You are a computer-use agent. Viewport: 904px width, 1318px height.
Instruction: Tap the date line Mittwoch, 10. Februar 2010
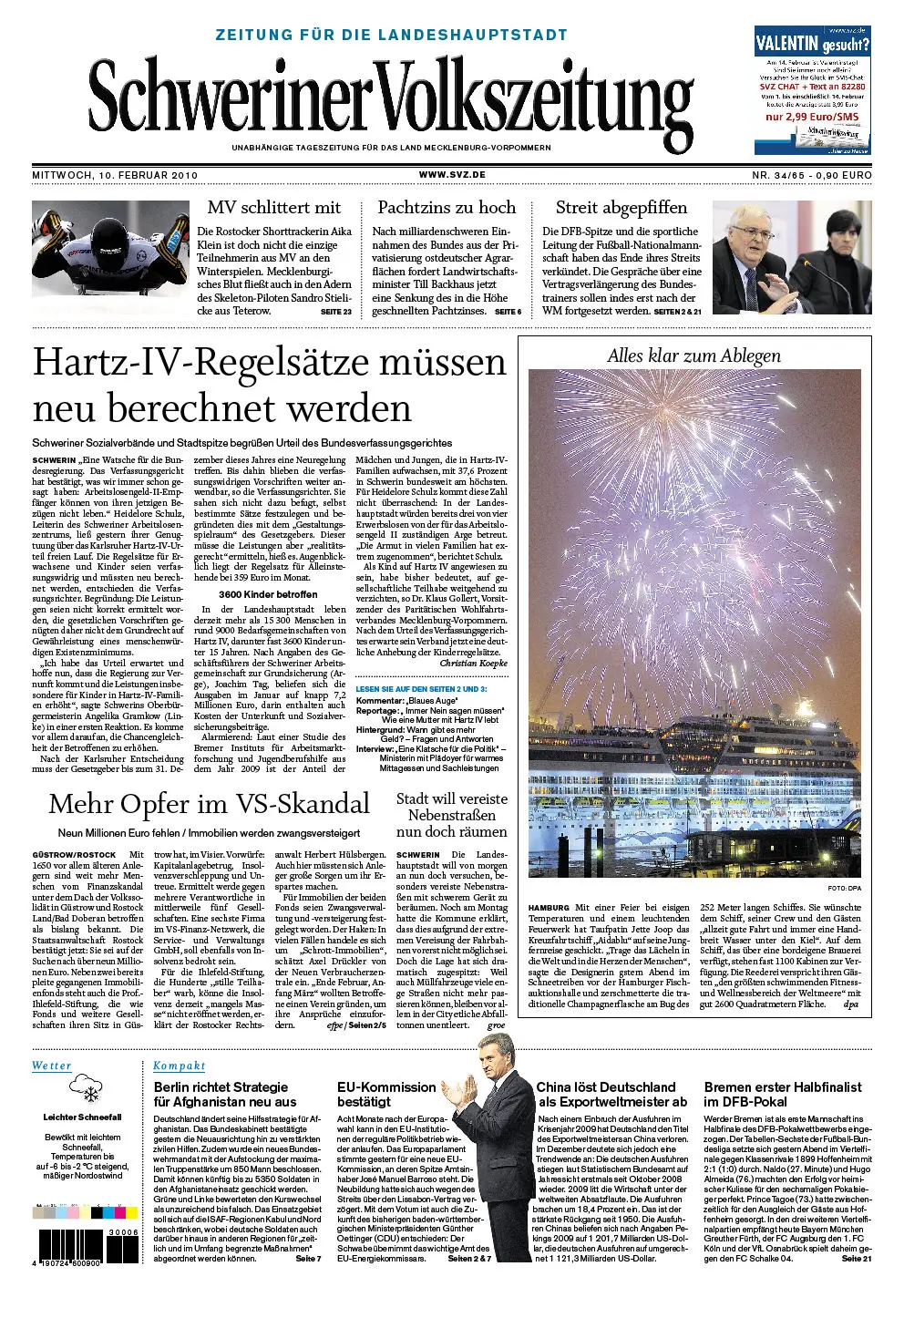(x=115, y=175)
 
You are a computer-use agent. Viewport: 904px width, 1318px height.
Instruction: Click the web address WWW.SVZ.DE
(x=452, y=174)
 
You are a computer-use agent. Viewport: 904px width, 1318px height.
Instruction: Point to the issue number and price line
(x=811, y=175)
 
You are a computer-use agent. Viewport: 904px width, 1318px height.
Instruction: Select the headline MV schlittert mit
(x=273, y=208)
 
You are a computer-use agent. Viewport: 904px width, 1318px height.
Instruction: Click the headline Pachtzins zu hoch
(x=447, y=208)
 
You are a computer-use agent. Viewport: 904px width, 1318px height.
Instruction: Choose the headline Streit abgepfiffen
(x=621, y=208)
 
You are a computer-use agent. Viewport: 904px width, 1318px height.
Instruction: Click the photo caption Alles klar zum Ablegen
(x=693, y=355)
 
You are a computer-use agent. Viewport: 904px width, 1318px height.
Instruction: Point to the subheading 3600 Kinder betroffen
(x=268, y=594)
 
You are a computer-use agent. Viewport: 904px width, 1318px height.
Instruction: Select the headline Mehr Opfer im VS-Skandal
(x=209, y=804)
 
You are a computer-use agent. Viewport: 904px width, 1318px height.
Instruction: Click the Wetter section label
(x=51, y=1066)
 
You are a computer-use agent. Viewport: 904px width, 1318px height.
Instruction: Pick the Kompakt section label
(x=179, y=1066)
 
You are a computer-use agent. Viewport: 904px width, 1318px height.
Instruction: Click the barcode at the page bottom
(x=71, y=1246)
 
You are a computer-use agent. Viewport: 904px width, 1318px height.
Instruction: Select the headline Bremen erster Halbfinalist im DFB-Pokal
(x=782, y=1094)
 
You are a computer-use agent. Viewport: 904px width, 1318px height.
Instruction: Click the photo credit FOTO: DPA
(x=844, y=888)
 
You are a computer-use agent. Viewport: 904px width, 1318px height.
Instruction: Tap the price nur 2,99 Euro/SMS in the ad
(x=811, y=117)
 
